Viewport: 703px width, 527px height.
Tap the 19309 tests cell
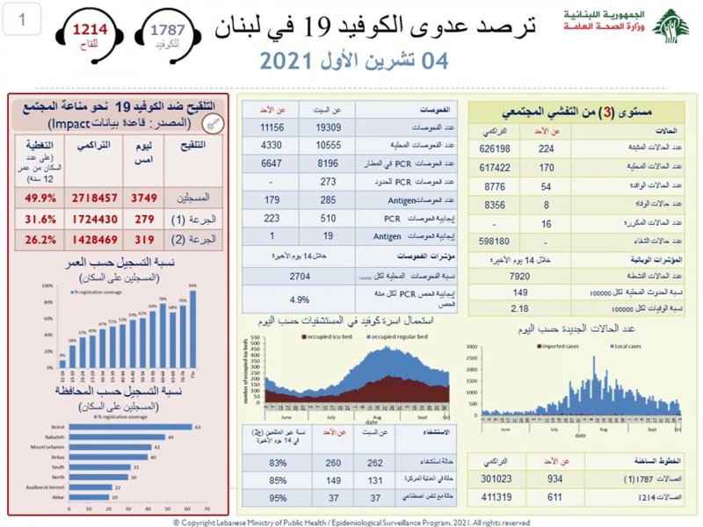pos(315,127)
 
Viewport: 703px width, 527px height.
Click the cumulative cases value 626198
pos(496,148)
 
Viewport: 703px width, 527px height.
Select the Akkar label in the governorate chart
pos(49,496)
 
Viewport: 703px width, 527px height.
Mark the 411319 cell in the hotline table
pos(496,496)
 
